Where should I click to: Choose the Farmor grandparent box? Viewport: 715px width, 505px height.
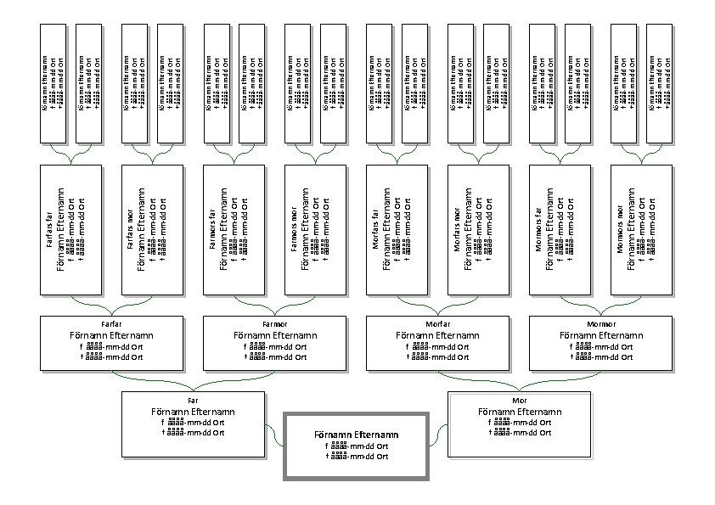pyautogui.click(x=274, y=344)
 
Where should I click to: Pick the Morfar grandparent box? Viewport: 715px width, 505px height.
pyautogui.click(x=436, y=344)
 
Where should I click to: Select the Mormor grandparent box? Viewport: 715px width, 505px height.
pyautogui.click(x=600, y=344)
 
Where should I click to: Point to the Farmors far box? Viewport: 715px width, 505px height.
pyautogui.click(x=234, y=229)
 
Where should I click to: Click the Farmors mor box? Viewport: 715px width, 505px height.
pyautogui.click(x=314, y=229)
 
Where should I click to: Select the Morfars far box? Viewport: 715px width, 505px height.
pyautogui.click(x=397, y=229)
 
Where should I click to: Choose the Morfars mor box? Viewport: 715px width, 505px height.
pyautogui.click(x=477, y=229)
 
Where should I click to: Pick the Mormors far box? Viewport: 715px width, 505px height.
pyautogui.click(x=560, y=229)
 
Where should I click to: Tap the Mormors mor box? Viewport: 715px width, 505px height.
pyautogui.click(x=640, y=229)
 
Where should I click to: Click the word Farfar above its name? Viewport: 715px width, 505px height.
pyautogui.click(x=110, y=323)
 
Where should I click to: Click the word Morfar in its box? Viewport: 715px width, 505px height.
pyautogui.click(x=436, y=323)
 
